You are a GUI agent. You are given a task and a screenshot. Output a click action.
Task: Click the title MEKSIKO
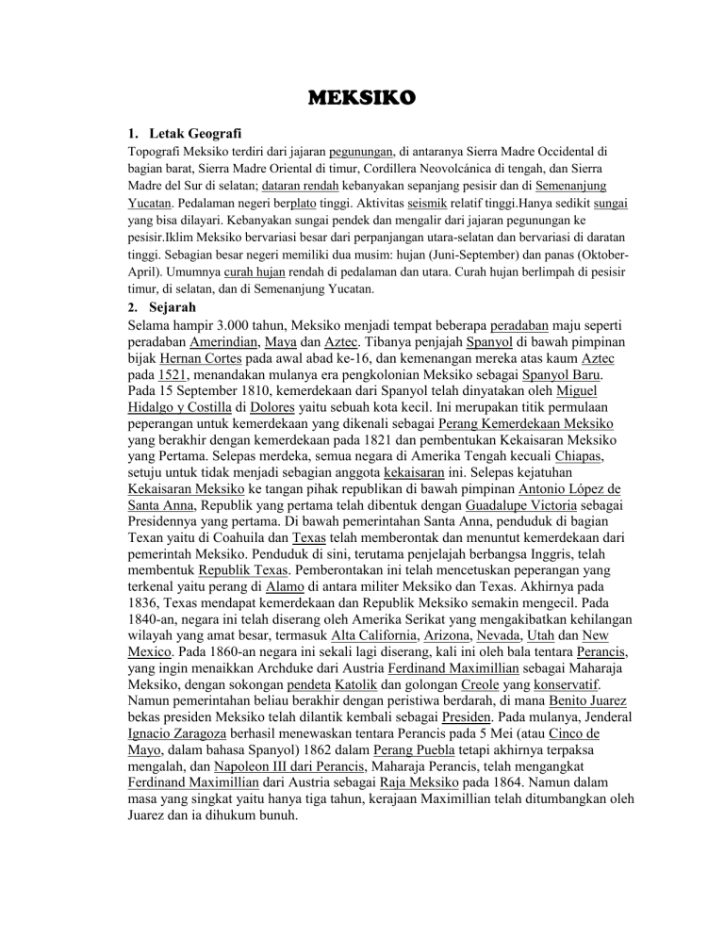361,98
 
